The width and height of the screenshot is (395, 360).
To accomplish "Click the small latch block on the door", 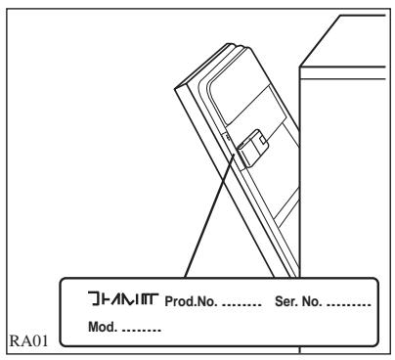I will (x=250, y=148).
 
